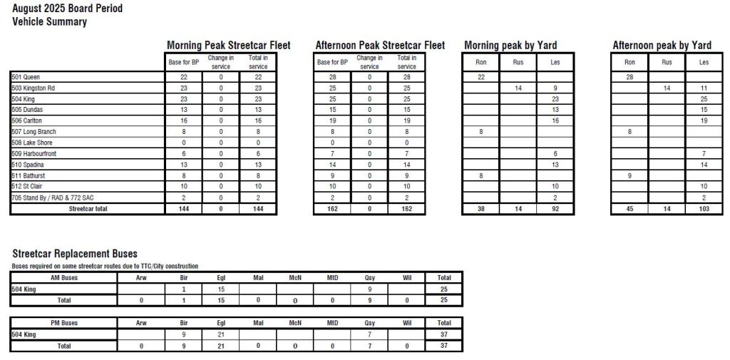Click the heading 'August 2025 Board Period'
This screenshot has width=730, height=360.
click(67, 9)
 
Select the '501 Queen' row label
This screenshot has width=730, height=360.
click(26, 76)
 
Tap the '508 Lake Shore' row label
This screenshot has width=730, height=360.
click(32, 142)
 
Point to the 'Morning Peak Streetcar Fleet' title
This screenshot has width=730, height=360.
click(228, 45)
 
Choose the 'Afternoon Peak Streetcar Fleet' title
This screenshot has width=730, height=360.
click(380, 45)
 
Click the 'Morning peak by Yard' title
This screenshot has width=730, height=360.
click(510, 45)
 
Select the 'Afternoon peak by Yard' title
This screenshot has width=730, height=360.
click(662, 45)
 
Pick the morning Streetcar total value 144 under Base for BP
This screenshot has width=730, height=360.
click(185, 209)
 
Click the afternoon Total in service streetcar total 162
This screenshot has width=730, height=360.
click(407, 209)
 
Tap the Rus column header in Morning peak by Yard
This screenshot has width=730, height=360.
click(518, 62)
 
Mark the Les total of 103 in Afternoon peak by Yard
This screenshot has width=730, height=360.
click(704, 209)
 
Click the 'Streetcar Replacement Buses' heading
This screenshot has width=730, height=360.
click(75, 254)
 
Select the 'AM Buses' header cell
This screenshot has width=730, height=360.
click(65, 277)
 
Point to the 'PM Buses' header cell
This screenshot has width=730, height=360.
click(65, 323)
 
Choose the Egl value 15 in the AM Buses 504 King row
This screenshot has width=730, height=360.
click(220, 289)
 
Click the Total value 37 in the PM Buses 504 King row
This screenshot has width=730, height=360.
click(443, 334)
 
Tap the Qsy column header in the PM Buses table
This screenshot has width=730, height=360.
click(369, 323)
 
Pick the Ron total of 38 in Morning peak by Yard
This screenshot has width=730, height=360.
click(481, 209)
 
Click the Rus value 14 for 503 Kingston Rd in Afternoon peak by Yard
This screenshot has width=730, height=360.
click(667, 88)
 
